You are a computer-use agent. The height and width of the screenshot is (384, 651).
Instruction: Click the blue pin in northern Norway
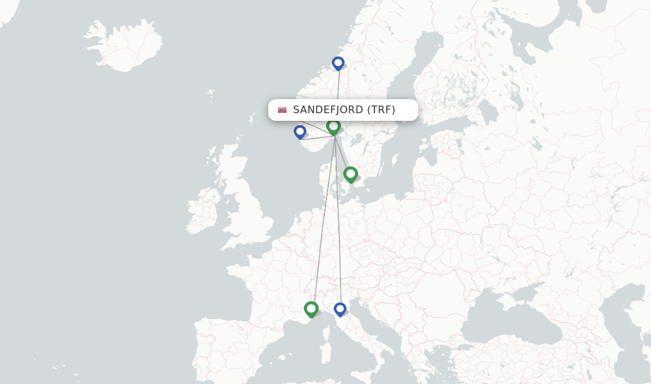pos(338,63)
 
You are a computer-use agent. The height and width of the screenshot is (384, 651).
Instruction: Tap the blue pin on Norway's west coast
pos(300,132)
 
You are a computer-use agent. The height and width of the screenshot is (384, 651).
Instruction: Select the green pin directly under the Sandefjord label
pos(333,127)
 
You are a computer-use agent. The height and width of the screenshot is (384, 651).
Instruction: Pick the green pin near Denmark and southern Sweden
pos(350,174)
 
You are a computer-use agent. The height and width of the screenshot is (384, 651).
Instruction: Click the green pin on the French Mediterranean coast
pos(311,309)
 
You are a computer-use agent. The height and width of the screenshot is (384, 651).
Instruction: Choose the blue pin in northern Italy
pos(340,309)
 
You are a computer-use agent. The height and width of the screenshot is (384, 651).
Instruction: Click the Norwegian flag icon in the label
pos(282,110)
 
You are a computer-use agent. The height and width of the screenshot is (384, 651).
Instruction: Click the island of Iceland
pos(125,46)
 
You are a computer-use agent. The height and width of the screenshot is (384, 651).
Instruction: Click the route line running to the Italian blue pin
pos(338,223)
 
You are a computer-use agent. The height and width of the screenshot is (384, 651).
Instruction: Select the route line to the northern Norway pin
pos(338,95)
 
